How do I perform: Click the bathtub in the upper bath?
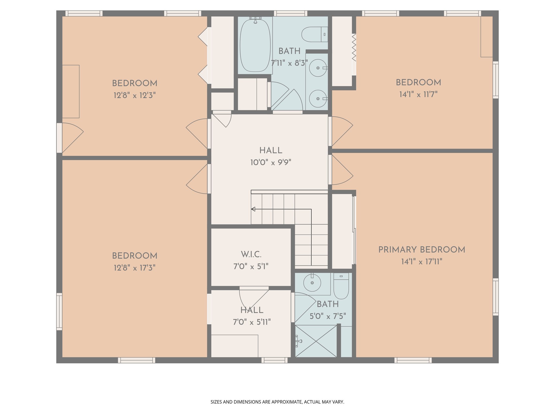click(x=255, y=45)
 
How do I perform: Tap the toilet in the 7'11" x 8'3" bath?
click(x=314, y=34)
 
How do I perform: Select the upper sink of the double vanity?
click(x=318, y=68)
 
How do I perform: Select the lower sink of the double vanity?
click(x=318, y=99)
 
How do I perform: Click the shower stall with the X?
click(x=316, y=341)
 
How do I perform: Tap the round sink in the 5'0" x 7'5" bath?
click(x=312, y=283)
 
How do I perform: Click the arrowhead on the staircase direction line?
click(x=253, y=209)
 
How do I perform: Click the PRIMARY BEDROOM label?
click(x=422, y=250)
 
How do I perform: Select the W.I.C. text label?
click(x=251, y=255)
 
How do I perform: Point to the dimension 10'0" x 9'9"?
click(x=270, y=162)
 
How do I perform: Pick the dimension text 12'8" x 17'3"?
click(x=135, y=268)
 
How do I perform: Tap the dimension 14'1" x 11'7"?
click(x=418, y=95)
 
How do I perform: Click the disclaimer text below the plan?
click(x=277, y=402)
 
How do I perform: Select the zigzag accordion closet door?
click(x=354, y=47)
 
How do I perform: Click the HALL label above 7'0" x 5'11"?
click(x=252, y=310)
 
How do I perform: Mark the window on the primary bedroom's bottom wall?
click(x=413, y=360)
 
